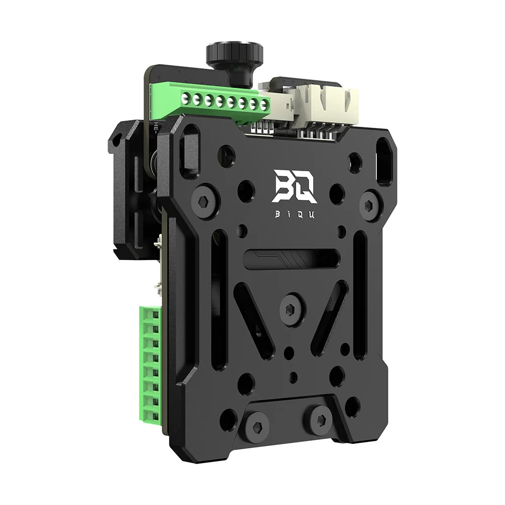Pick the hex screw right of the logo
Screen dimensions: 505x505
tap(370, 205)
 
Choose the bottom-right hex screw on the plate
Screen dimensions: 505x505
tap(321, 419)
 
